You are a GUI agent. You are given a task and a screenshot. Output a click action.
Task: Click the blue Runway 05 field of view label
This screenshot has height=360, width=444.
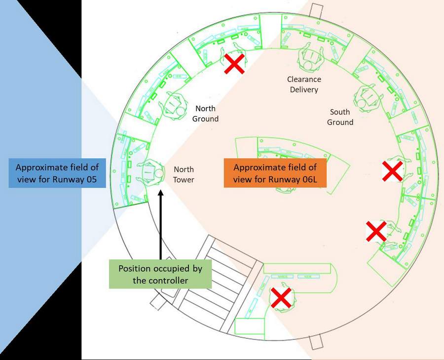57,173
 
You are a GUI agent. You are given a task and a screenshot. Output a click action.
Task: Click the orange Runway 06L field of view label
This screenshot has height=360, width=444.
275,173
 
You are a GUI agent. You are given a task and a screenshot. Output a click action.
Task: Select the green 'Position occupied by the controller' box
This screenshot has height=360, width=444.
160,274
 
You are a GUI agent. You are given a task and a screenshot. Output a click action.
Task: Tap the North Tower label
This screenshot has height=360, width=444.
184,175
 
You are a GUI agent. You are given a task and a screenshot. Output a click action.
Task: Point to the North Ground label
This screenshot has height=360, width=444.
205,114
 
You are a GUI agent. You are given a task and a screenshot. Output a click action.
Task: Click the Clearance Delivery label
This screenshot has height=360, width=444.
304,84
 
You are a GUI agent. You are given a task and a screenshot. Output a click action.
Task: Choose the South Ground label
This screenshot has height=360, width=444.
340,117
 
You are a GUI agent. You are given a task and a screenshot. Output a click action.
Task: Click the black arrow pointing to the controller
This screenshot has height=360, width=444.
160,225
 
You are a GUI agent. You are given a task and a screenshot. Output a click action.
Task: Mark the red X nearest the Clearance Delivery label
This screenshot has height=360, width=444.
234,64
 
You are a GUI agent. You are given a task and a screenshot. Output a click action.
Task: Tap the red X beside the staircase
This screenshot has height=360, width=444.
281,298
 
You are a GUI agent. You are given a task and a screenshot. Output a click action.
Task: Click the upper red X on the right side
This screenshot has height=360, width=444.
393,171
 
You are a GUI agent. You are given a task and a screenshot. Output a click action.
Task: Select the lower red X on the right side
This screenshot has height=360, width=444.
376,231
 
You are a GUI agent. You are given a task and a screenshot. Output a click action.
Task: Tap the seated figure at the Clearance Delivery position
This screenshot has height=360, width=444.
310,58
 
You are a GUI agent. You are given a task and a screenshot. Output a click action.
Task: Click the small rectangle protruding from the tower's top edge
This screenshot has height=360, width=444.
316,10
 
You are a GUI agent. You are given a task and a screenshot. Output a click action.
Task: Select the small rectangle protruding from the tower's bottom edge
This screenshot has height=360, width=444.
316,342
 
